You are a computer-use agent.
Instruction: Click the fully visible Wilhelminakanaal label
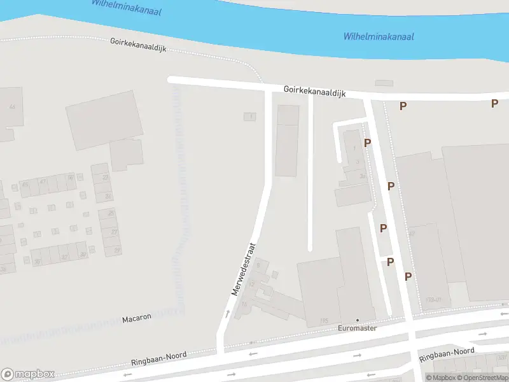click(x=379, y=36)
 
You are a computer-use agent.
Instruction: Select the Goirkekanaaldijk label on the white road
click(x=314, y=92)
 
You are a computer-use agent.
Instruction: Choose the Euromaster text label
click(x=356, y=329)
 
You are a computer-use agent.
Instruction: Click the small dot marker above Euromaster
click(x=357, y=320)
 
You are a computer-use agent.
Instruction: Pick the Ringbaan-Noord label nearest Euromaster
click(x=447, y=354)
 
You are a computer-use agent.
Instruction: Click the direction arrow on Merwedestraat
click(x=227, y=313)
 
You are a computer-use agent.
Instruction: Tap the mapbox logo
click(x=28, y=374)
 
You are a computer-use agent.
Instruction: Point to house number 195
click(x=324, y=320)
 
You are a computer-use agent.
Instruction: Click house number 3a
click(x=363, y=176)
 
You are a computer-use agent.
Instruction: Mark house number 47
click(x=43, y=182)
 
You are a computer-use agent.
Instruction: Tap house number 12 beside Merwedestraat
click(x=252, y=283)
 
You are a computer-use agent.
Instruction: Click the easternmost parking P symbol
click(x=494, y=103)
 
